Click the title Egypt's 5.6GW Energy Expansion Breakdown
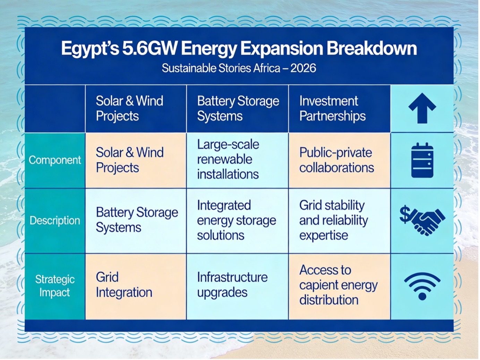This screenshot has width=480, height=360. coord(239,49)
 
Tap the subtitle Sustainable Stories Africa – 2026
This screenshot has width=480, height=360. coord(239,68)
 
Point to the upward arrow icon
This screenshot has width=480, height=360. coord(422,109)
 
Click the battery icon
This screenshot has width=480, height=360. coord(422,160)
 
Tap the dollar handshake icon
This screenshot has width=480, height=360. coord(422,220)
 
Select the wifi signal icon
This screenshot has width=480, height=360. coord(422,286)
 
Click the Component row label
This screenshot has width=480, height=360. coord(55,160)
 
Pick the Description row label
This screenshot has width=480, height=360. coord(55,221)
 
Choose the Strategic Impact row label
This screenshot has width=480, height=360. coord(55,286)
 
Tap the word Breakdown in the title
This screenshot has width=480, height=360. coord(372,48)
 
